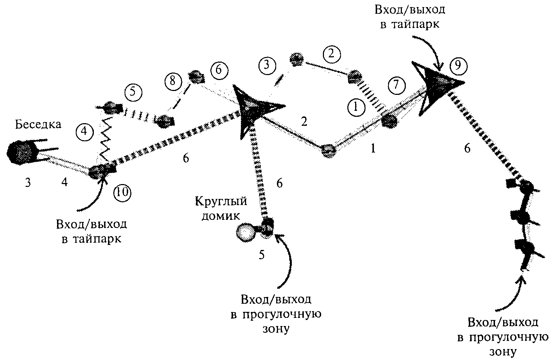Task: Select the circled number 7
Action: click(397, 85)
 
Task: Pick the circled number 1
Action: click(356, 107)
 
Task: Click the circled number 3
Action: click(267, 65)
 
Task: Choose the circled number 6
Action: click(219, 70)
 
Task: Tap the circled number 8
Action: click(173, 81)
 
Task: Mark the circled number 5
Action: click(133, 92)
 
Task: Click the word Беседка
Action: click(38, 124)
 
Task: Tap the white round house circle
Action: click(245, 232)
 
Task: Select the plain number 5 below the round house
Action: click(262, 255)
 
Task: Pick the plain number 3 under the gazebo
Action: click(28, 183)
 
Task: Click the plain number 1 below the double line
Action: click(373, 149)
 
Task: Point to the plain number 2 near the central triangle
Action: click(305, 121)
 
